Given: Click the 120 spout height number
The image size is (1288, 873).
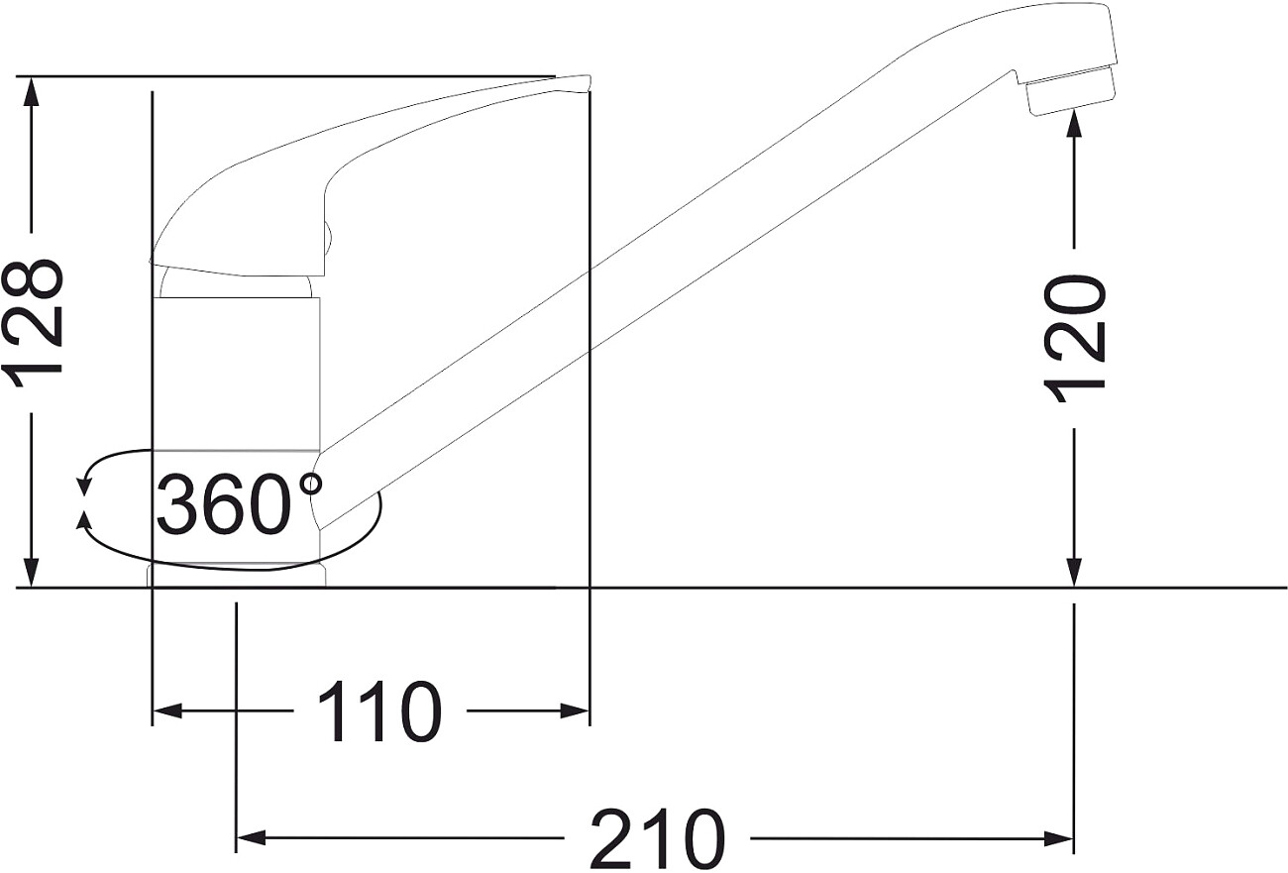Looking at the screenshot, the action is coord(1074,339).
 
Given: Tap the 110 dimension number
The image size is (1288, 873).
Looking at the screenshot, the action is coord(379,711).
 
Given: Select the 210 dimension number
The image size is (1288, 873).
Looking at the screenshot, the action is coord(657,838).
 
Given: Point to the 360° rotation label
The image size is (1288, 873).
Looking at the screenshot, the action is coord(238,502).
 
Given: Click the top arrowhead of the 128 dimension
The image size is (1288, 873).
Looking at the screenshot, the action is coord(32,92).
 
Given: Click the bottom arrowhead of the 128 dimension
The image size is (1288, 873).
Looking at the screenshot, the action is coord(32,572).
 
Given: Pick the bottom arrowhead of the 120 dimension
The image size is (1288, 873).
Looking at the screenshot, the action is coord(1074,572).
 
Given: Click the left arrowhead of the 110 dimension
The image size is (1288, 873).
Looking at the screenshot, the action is coord(167,711).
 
